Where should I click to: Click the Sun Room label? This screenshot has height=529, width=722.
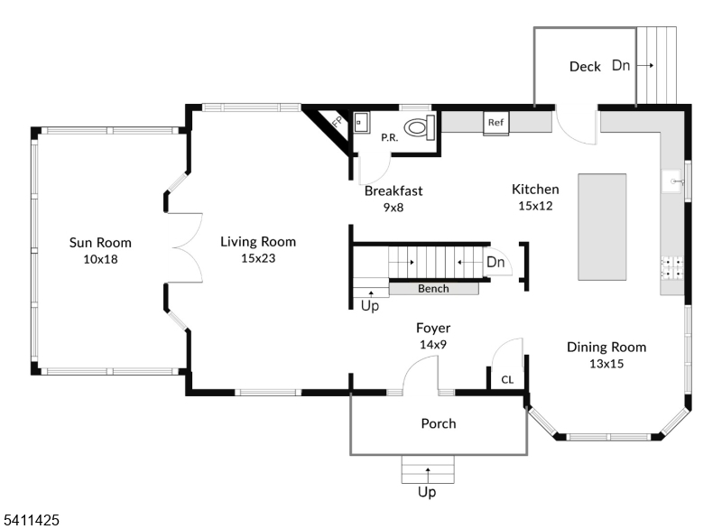pyautogui.click(x=101, y=242)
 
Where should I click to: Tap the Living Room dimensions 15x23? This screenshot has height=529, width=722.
pyautogui.click(x=257, y=258)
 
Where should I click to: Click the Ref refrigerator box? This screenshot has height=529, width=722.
pyautogui.click(x=495, y=123)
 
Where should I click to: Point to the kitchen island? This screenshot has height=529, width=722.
pyautogui.click(x=602, y=227)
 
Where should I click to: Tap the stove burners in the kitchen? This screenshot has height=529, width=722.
pyautogui.click(x=672, y=266)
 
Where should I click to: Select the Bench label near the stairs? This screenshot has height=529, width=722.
pyautogui.click(x=433, y=289)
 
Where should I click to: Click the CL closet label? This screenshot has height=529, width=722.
pyautogui.click(x=507, y=380)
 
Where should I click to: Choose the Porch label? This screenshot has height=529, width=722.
pyautogui.click(x=439, y=423)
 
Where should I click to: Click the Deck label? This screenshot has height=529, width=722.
pyautogui.click(x=585, y=67)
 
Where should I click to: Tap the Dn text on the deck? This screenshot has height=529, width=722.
pyautogui.click(x=622, y=65)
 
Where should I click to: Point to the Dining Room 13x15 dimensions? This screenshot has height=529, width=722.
pyautogui.click(x=606, y=364)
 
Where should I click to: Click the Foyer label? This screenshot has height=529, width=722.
pyautogui.click(x=432, y=328)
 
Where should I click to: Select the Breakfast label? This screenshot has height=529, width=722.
pyautogui.click(x=393, y=190)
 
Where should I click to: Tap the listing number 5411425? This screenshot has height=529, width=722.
pyautogui.click(x=32, y=520)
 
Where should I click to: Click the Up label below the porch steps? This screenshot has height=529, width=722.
pyautogui.click(x=427, y=493)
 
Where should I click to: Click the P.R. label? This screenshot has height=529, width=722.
pyautogui.click(x=390, y=138)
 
